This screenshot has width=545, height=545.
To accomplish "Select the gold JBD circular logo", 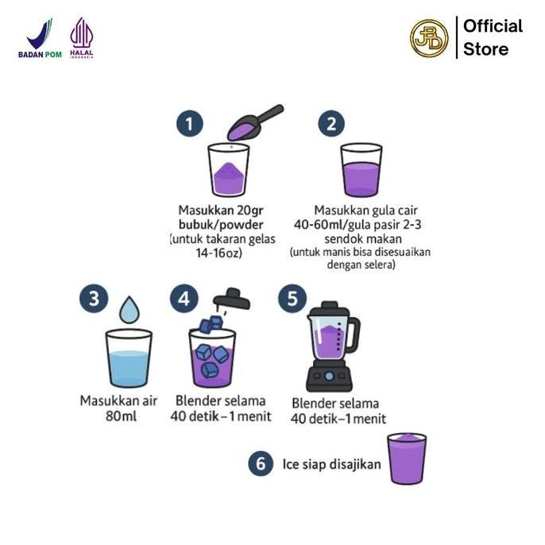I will (x=429, y=38).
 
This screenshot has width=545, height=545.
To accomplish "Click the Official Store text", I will (x=493, y=37).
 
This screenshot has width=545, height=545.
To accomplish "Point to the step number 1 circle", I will (x=189, y=124).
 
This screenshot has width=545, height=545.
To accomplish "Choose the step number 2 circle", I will (x=330, y=124).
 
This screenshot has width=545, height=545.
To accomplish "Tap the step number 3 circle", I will (x=95, y=300).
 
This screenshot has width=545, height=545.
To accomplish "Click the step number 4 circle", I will (x=184, y=300).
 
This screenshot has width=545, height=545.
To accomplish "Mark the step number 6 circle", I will (x=260, y=464).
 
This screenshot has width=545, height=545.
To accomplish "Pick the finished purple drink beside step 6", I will (x=407, y=458).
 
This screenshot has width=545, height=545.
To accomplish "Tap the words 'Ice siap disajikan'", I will (x=330, y=464).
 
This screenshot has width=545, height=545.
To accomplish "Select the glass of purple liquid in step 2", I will (x=361, y=170).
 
